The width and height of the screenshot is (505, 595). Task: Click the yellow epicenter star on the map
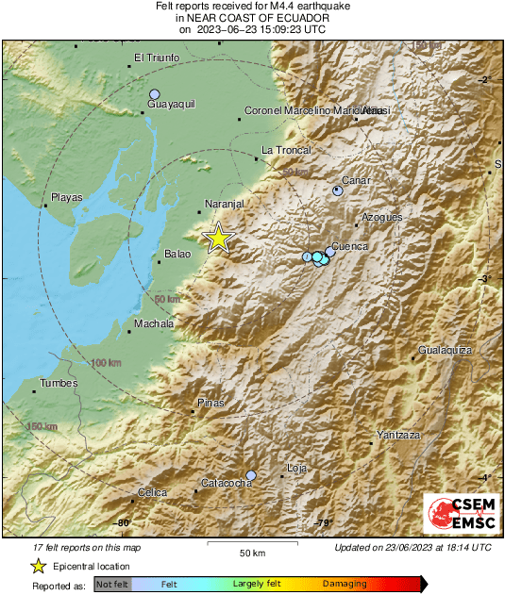(x=218, y=238)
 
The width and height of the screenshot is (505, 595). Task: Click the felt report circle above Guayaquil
(x=155, y=94)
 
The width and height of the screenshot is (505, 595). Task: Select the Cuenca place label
(x=349, y=246)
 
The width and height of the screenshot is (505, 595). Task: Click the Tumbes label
(x=57, y=383)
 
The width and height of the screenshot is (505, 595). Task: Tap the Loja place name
(x=296, y=468)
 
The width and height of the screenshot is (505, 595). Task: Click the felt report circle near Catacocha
(x=251, y=475)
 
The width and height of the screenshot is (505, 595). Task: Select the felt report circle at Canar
(x=338, y=190)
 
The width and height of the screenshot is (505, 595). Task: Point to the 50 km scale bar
(x=252, y=544)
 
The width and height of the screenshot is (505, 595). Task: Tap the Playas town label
(x=66, y=197)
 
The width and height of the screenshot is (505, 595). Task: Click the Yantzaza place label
(x=397, y=434)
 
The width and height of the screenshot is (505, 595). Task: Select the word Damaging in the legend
(x=345, y=585)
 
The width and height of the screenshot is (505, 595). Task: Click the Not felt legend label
(x=113, y=585)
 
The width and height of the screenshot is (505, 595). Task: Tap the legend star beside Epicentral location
(x=38, y=566)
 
